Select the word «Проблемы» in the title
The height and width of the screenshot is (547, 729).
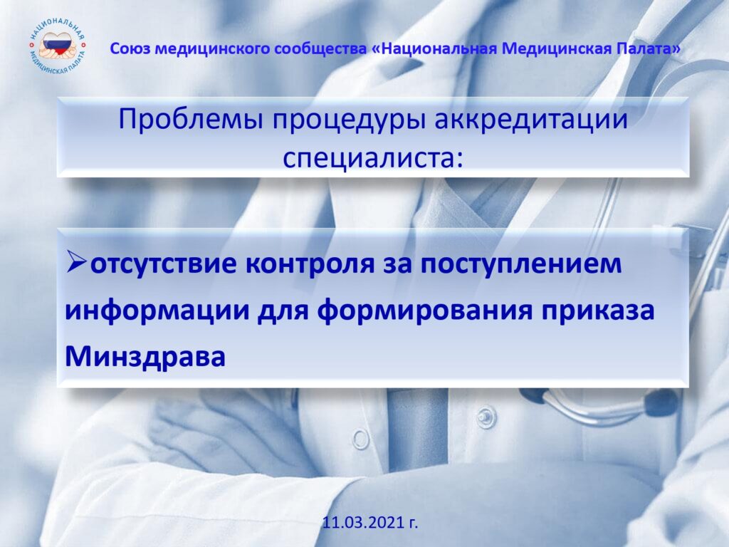pos(191,119)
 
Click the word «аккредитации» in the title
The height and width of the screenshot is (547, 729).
pos(531,119)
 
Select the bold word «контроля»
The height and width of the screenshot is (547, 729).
pos(310,264)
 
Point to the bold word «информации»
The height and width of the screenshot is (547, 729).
pos(157,311)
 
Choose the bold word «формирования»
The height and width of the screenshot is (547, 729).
pos(424,311)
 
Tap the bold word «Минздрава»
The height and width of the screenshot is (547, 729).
pos(145,357)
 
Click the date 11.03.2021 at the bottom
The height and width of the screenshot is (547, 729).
pos(370,522)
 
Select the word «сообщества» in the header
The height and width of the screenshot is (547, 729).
pos(320,49)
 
